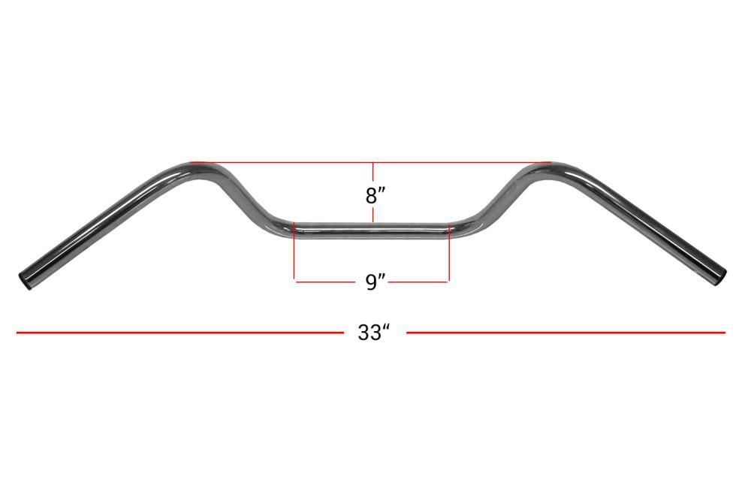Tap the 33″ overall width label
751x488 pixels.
click(374, 333)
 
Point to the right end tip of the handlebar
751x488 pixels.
click(721, 279)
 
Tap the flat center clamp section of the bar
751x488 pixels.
click(372, 230)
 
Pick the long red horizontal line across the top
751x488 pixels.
click(370, 162)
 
